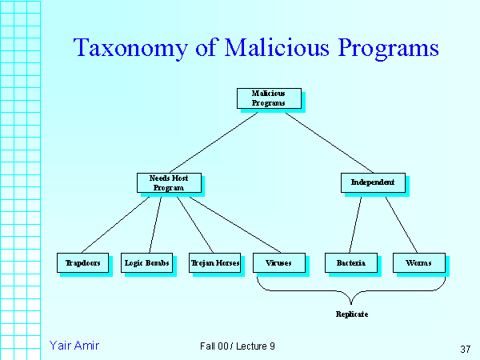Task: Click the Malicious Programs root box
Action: [x=269, y=98]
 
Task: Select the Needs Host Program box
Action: [x=167, y=182]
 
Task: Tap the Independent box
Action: [x=373, y=182]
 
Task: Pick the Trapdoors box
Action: [x=82, y=262]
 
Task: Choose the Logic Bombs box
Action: [x=147, y=262]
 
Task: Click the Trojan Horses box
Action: [x=215, y=262]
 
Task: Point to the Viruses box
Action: [x=278, y=262]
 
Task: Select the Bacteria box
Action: [x=350, y=262]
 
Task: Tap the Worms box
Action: [x=418, y=262]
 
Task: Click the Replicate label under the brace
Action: [x=352, y=314]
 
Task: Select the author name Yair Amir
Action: [x=74, y=346]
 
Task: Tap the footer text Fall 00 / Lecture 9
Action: [x=238, y=346]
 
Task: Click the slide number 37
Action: [x=466, y=349]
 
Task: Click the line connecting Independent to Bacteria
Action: [x=355, y=223]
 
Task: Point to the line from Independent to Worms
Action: [x=401, y=223]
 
